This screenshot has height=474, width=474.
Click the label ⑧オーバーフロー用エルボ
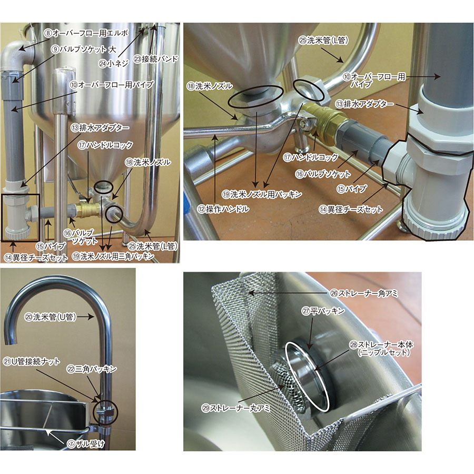tap(86, 33)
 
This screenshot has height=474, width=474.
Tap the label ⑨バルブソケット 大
tap(83, 50)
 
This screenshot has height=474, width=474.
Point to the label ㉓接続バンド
tap(156, 59)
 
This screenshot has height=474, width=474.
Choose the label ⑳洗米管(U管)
tap(50, 317)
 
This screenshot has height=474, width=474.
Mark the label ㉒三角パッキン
tap(92, 369)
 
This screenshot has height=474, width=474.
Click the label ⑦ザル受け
tap(86, 444)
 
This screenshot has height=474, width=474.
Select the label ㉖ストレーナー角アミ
tap(364, 293)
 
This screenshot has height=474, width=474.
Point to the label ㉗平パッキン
tap(323, 311)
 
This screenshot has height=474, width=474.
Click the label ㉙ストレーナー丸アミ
tap(236, 408)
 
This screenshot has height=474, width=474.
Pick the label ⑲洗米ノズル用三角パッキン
tap(113, 256)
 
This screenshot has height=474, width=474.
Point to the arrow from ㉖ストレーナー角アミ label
tap(288, 293)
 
